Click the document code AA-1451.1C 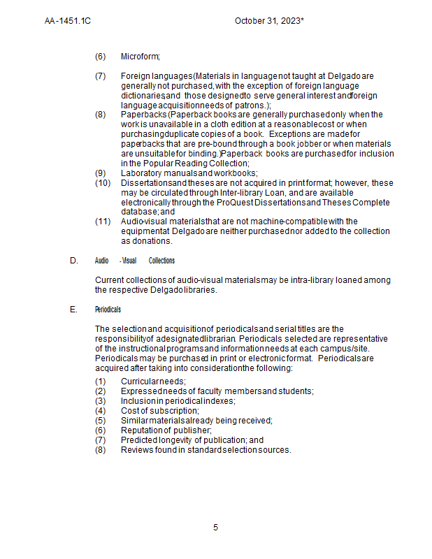[68, 21]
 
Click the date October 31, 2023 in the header [269, 21]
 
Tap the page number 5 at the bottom [216, 528]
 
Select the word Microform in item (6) [140, 56]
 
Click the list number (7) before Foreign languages [101, 75]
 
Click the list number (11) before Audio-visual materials [103, 222]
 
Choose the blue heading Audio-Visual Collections [135, 261]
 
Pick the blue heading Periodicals [108, 309]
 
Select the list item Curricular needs [153, 382]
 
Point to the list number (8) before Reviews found [101, 450]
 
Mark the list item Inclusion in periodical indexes [178, 401]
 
